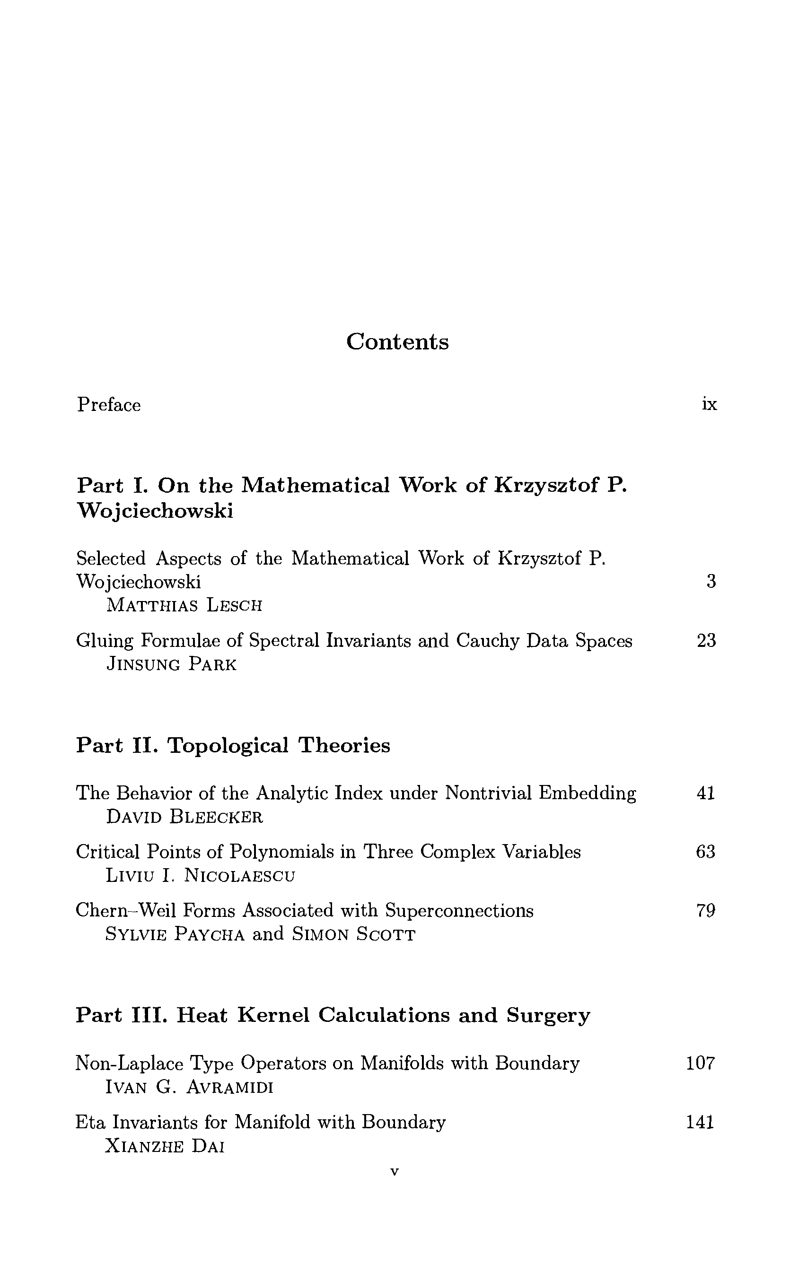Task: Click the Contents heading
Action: click(x=397, y=342)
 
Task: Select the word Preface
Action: click(x=109, y=405)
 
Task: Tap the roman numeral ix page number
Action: click(x=709, y=404)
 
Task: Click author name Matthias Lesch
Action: click(x=184, y=605)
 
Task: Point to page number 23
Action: click(x=706, y=640)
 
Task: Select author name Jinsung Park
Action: click(x=171, y=664)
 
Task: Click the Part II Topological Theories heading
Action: click(x=233, y=745)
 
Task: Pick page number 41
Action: click(x=706, y=793)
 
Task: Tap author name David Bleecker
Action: click(x=184, y=817)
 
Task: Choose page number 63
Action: click(x=705, y=852)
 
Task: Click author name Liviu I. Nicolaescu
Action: click(x=201, y=876)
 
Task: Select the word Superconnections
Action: click(x=459, y=911)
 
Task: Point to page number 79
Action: click(x=706, y=911)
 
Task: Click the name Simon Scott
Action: click(x=354, y=934)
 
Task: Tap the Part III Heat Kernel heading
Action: click(x=333, y=1015)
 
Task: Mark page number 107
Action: click(x=700, y=1063)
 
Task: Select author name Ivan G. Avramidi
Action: click(x=189, y=1087)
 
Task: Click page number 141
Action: click(x=700, y=1122)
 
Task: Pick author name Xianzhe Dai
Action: click(x=165, y=1146)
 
